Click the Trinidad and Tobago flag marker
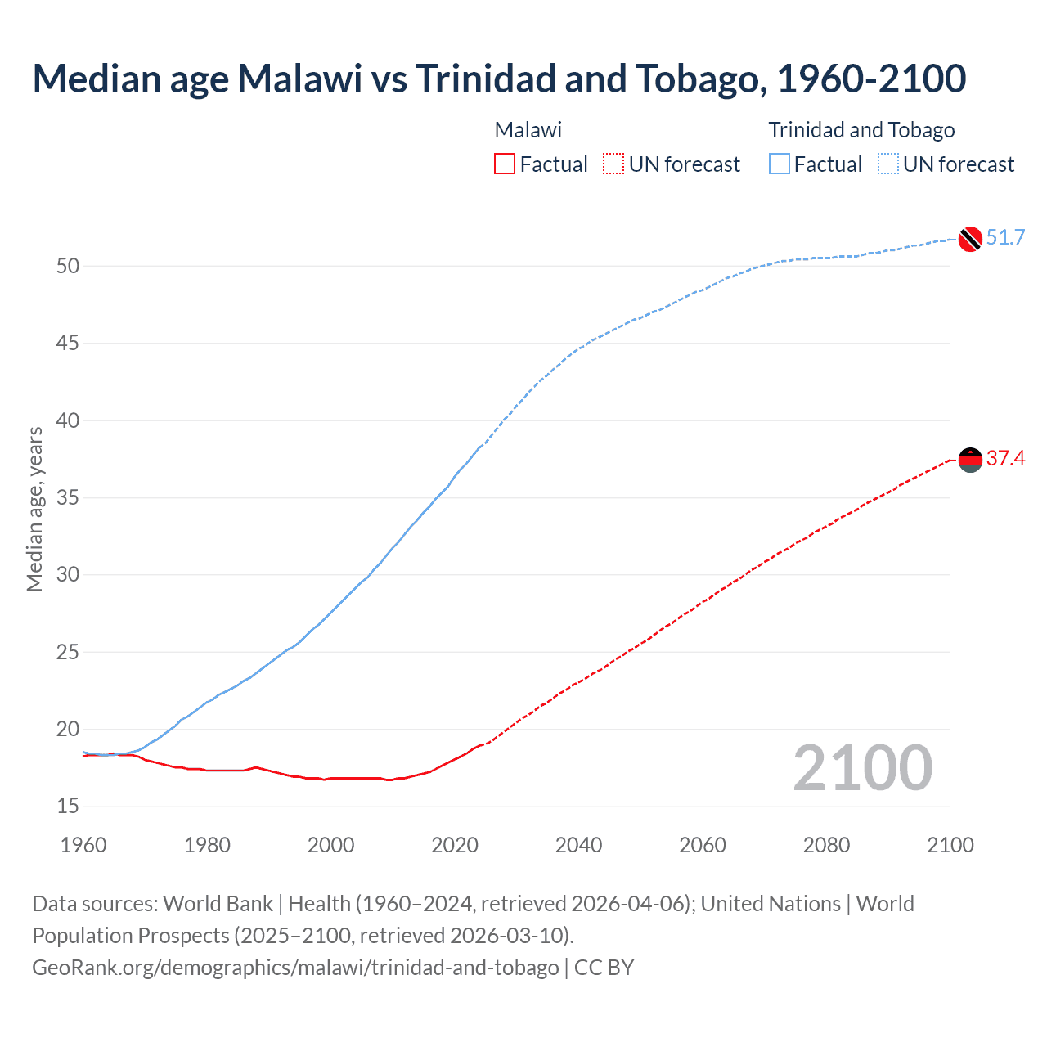(969, 239)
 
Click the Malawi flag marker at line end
(969, 461)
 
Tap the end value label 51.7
(1005, 238)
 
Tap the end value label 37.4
(1005, 459)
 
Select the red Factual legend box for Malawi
(505, 164)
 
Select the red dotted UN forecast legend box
(613, 164)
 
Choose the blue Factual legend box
(779, 164)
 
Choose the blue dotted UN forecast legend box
(887, 164)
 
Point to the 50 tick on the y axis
(68, 267)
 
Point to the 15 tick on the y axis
(68, 807)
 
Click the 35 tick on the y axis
(68, 498)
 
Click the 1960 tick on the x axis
(83, 845)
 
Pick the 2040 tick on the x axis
(578, 845)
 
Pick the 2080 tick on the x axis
(826, 845)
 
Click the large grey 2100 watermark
(862, 768)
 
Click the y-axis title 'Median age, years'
(34, 509)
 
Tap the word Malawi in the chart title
(299, 79)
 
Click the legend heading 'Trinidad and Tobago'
(861, 130)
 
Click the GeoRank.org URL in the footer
(295, 968)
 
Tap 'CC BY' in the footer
(604, 968)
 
